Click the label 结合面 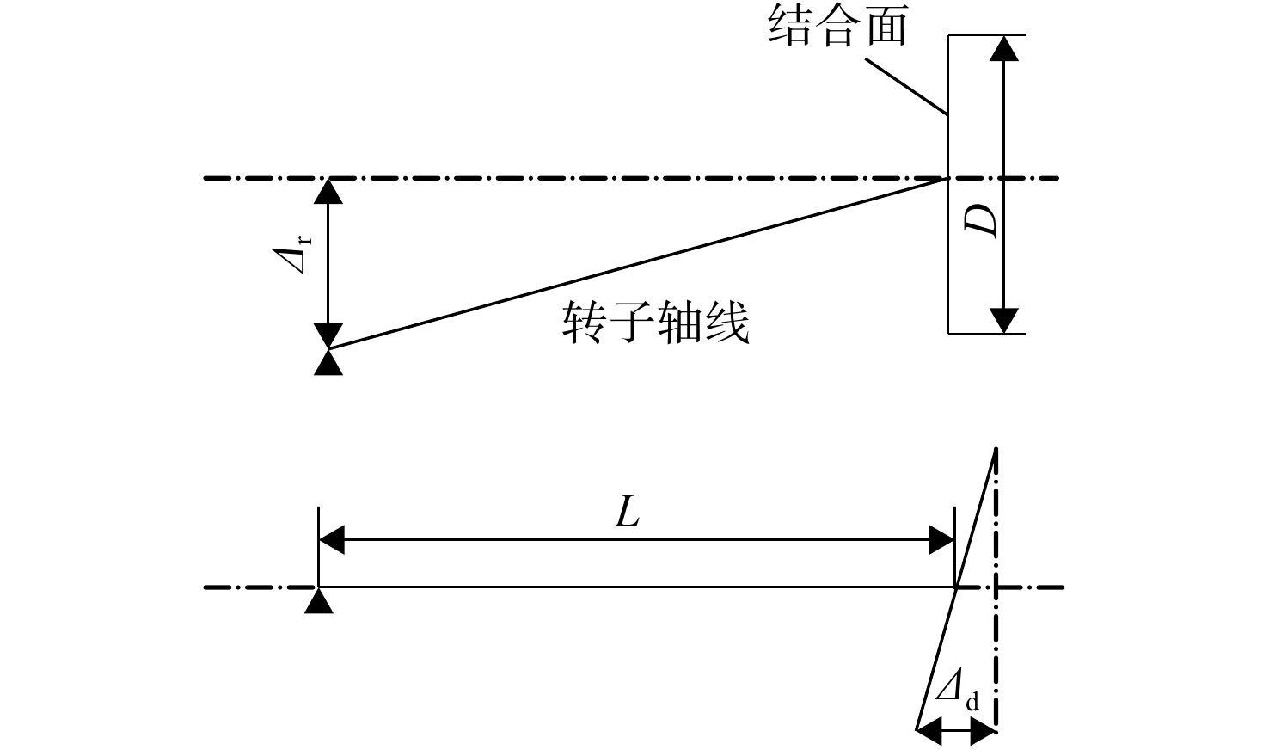837,26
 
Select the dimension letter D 980,220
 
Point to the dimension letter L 627,512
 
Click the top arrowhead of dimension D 1003,48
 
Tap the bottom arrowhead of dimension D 1003,321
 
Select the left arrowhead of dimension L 331,539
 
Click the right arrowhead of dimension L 941,539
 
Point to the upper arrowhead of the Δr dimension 328,192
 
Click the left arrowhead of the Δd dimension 929,731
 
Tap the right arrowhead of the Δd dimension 983,731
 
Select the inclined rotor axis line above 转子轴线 638,263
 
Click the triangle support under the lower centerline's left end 318,600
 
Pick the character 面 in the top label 886,26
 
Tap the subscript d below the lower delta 972,703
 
